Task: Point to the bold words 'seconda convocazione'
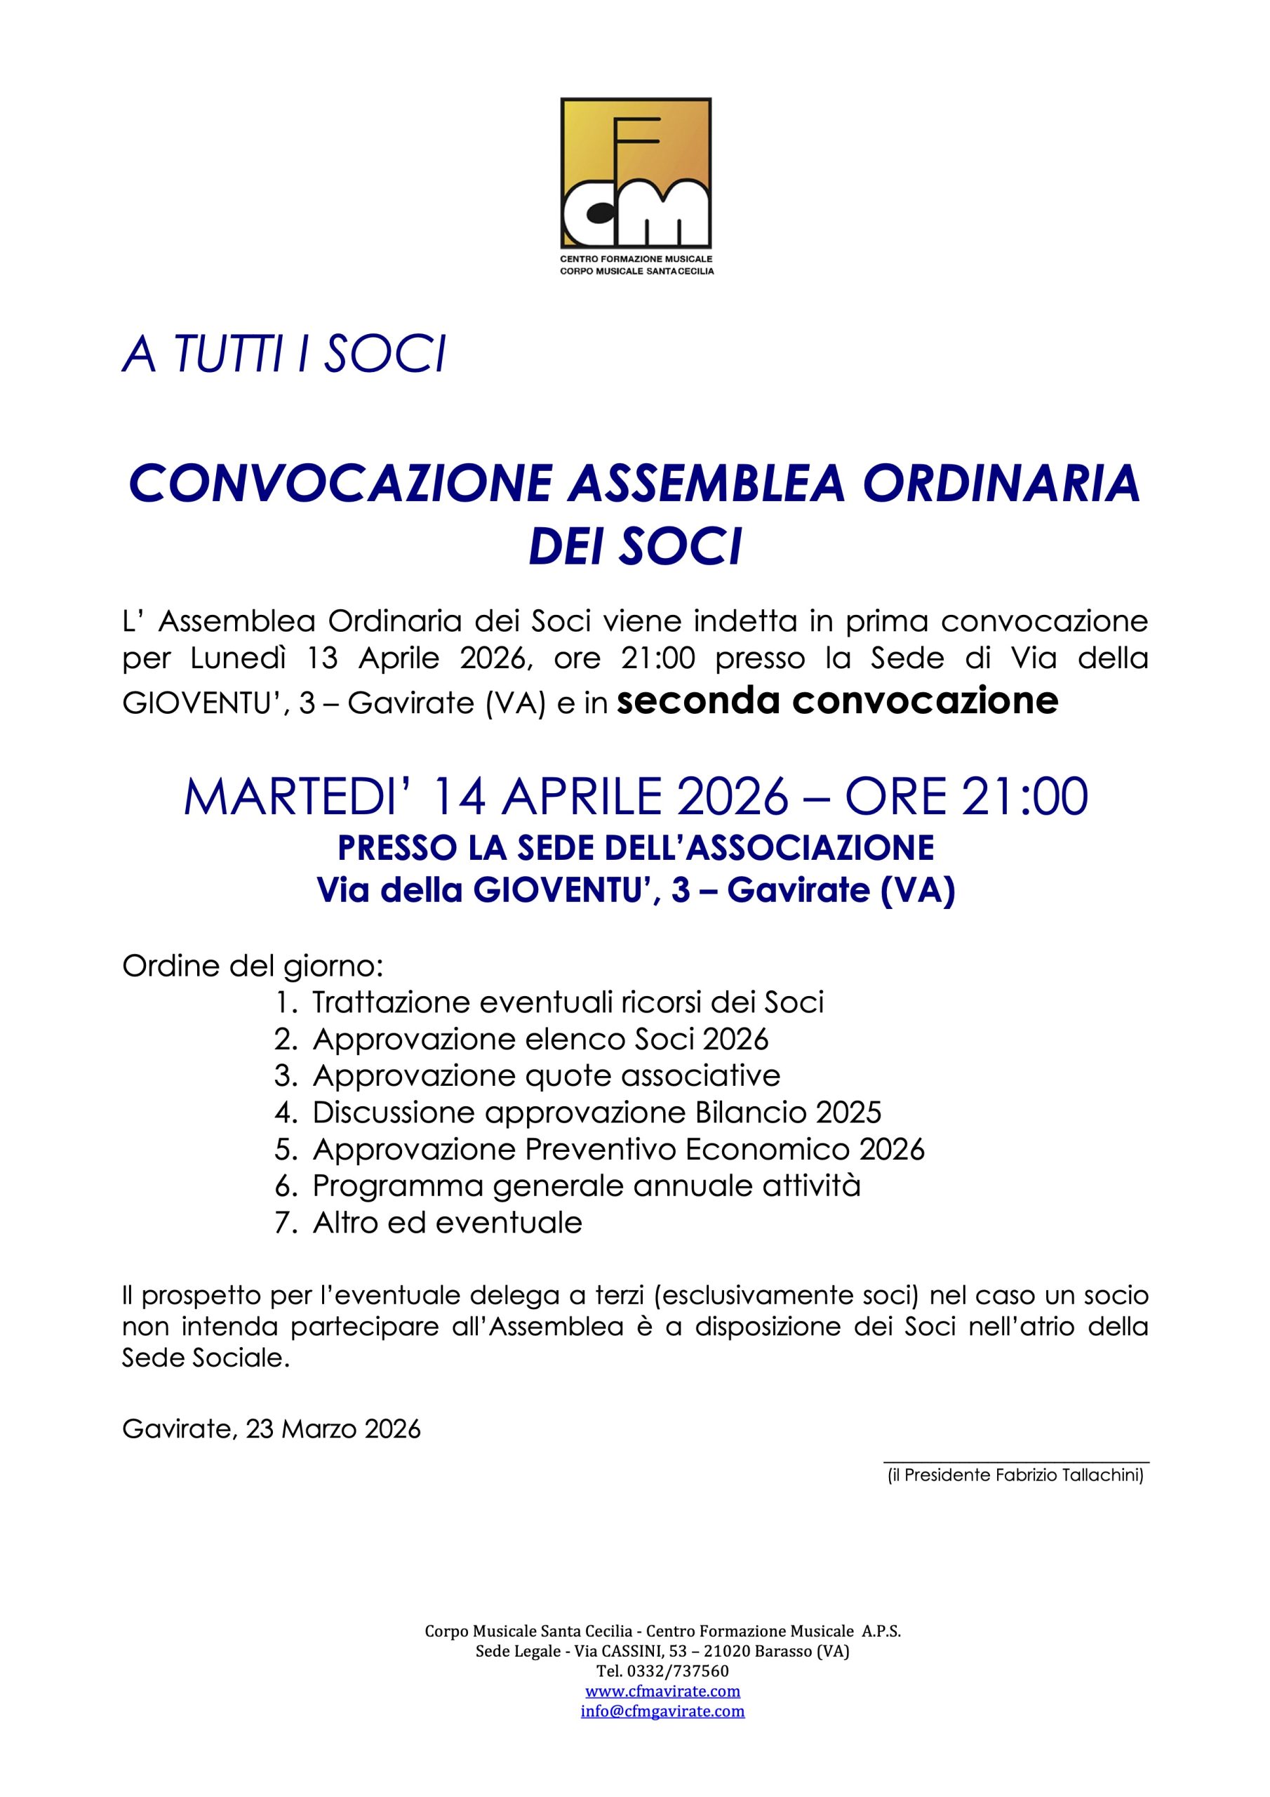coord(837,701)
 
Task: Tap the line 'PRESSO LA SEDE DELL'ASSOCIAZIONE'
coord(636,848)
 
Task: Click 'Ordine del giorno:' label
coord(253,966)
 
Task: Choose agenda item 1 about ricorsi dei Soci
coord(568,1002)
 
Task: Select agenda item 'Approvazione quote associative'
coord(546,1076)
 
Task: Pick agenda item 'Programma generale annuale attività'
coord(586,1186)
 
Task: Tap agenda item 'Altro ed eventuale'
coord(447,1223)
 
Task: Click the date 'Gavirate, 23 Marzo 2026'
coord(271,1429)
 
